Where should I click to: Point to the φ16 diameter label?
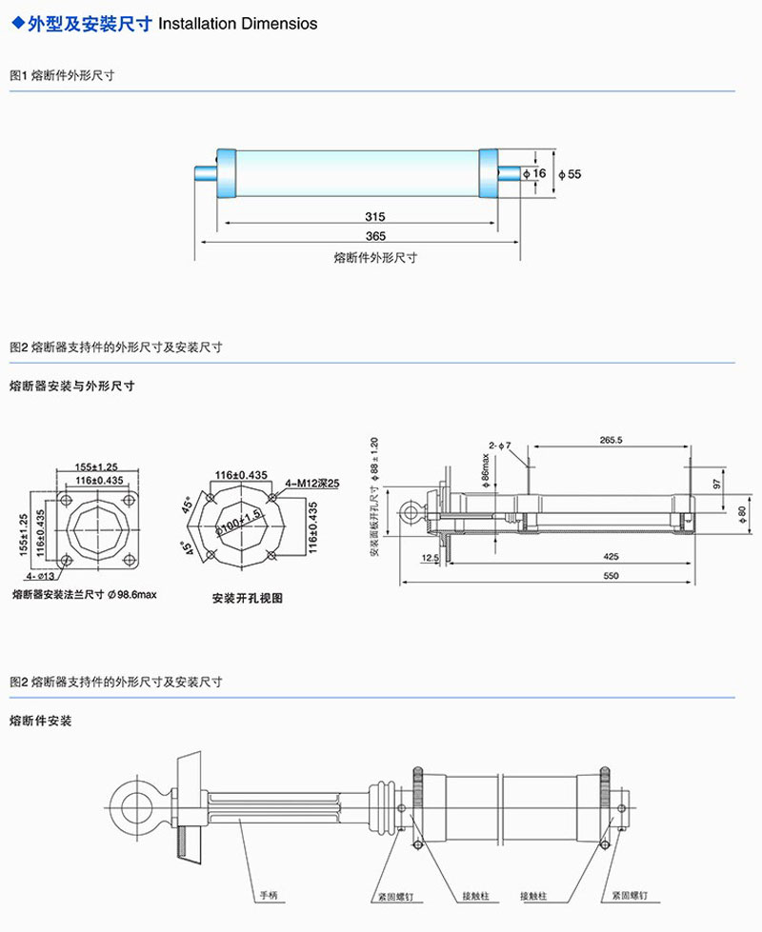click(x=536, y=173)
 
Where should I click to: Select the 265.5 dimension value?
click(x=612, y=440)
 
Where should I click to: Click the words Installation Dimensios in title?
click(x=238, y=23)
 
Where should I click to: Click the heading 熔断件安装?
click(x=40, y=721)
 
